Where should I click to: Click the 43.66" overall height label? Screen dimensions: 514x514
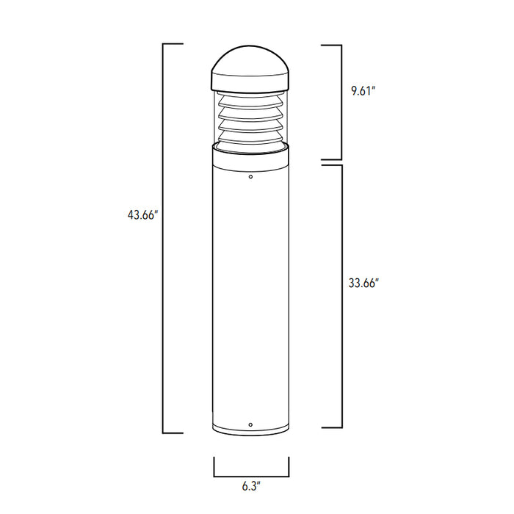[142, 215]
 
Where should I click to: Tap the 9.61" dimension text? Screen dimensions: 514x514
[363, 92]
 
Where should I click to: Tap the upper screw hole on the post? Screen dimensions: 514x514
[251, 177]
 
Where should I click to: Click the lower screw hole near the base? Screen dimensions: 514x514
[251, 424]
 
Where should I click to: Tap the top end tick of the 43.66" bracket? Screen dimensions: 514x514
[173, 45]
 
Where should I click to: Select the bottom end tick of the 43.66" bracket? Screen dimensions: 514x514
[173, 432]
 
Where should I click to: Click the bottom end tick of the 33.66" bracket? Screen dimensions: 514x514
[331, 427]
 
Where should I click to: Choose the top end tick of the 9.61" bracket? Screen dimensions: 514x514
[331, 45]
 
